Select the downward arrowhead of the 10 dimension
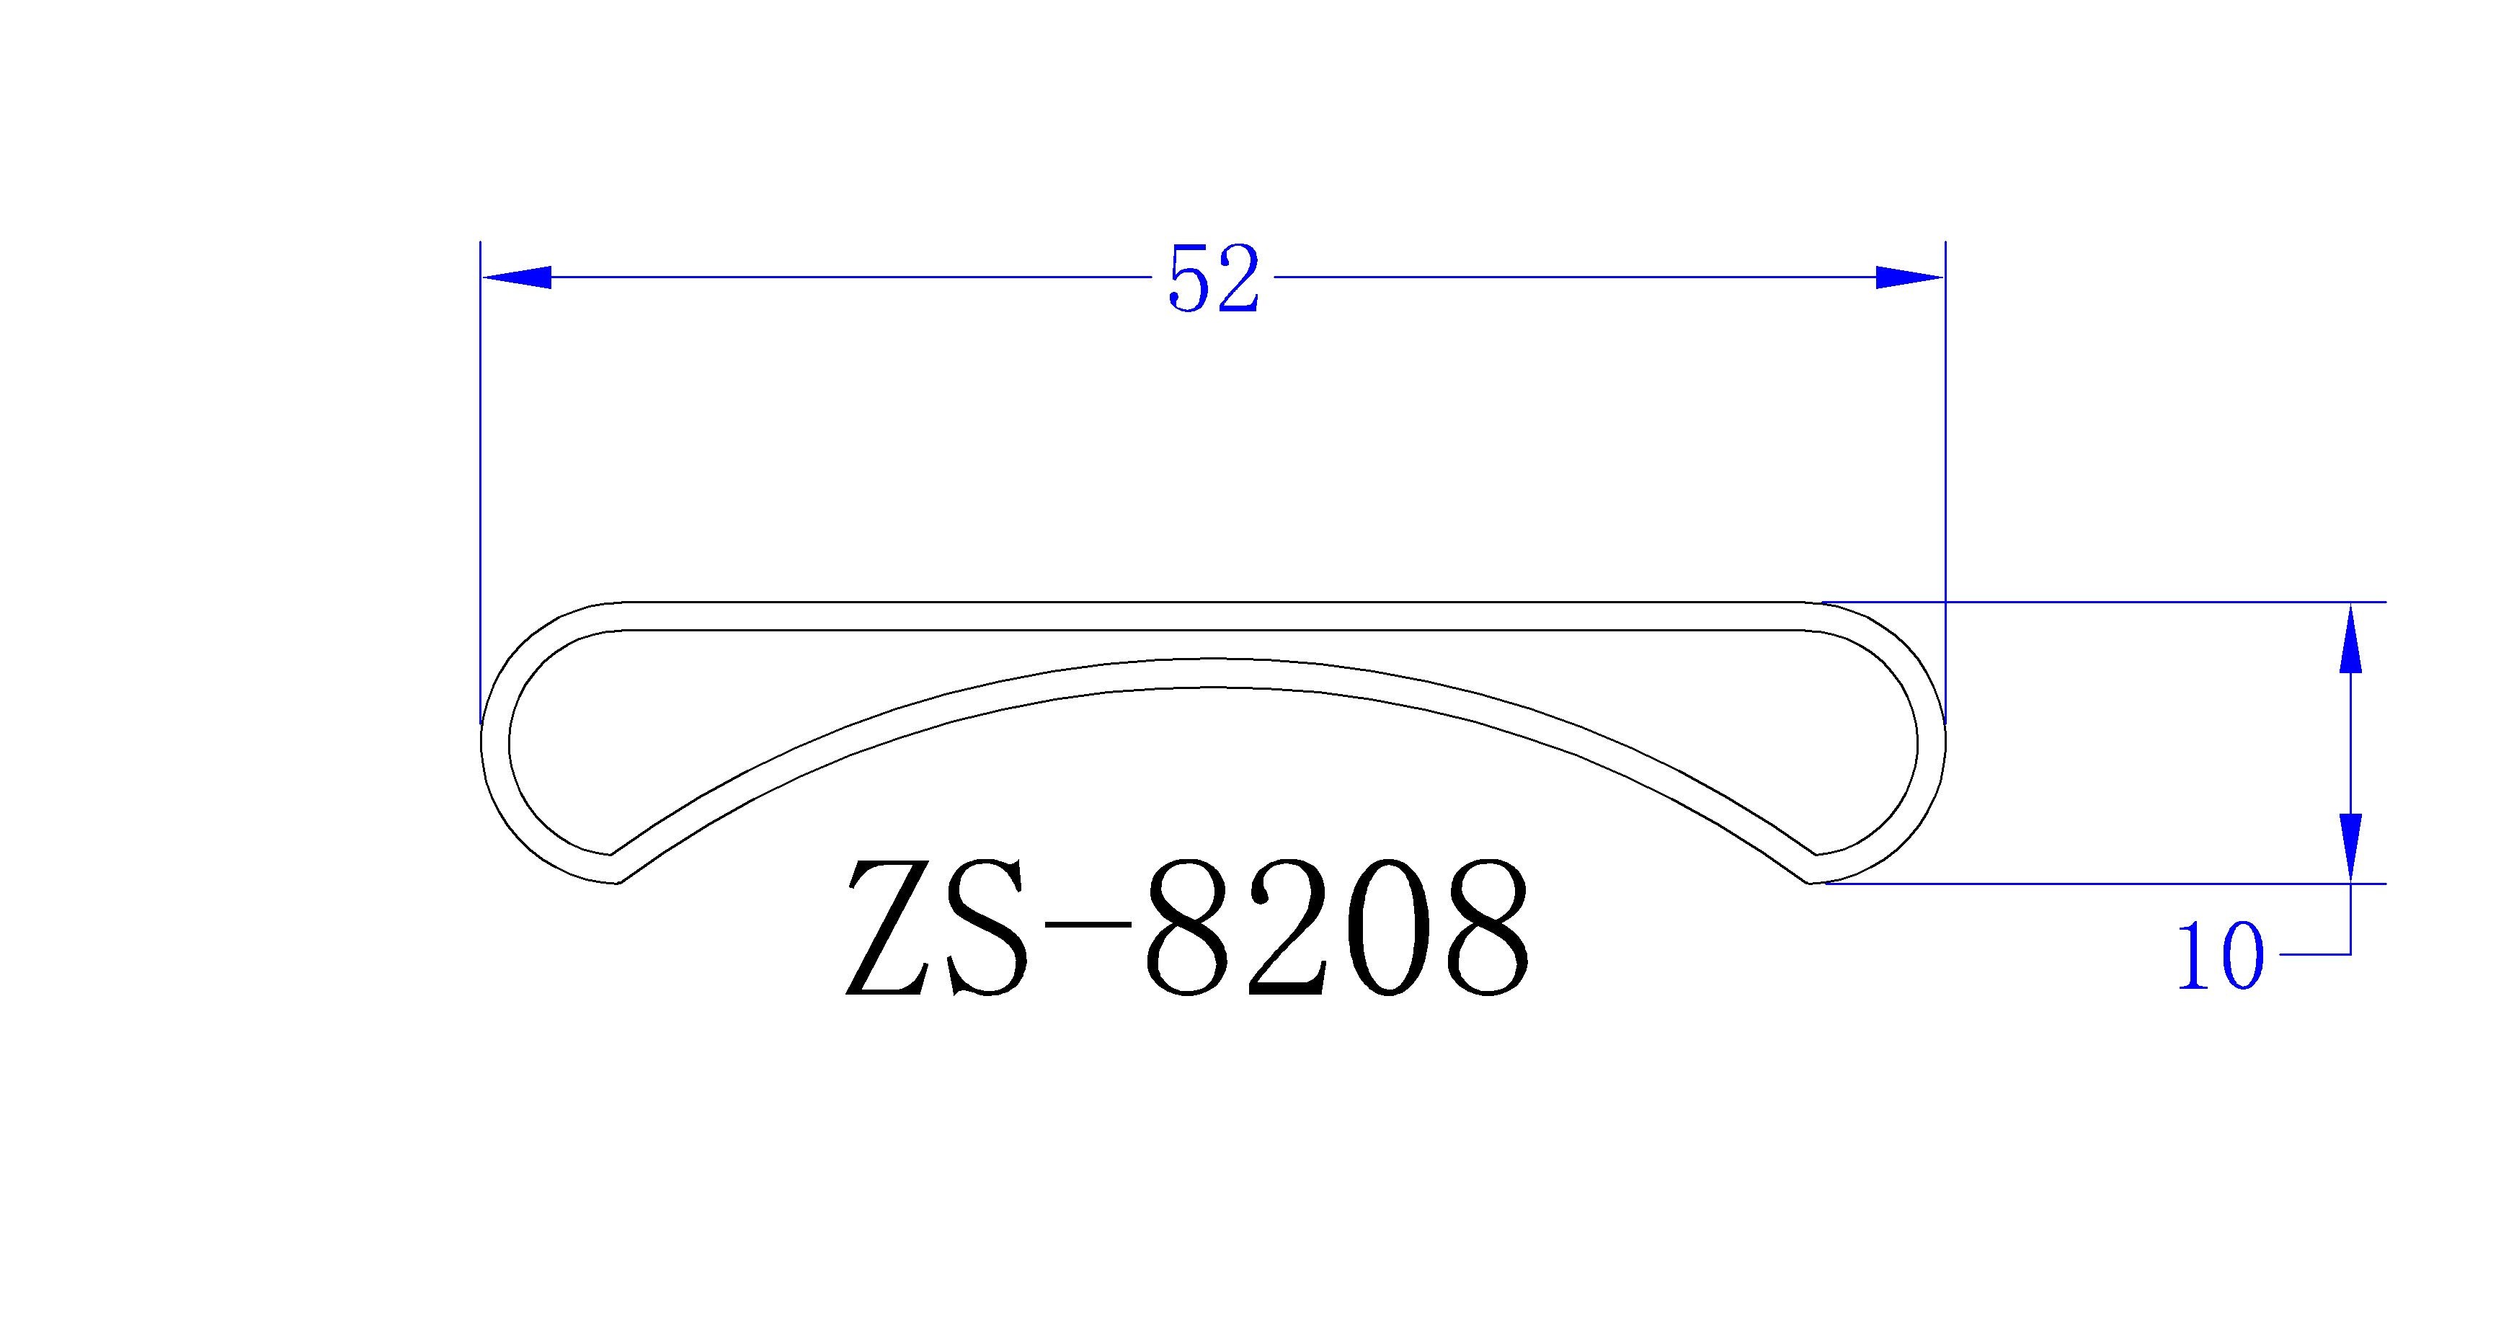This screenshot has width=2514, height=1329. click(x=2351, y=847)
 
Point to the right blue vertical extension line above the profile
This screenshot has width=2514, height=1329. click(x=1945, y=439)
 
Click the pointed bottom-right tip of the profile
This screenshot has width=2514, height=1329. click(x=1811, y=883)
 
